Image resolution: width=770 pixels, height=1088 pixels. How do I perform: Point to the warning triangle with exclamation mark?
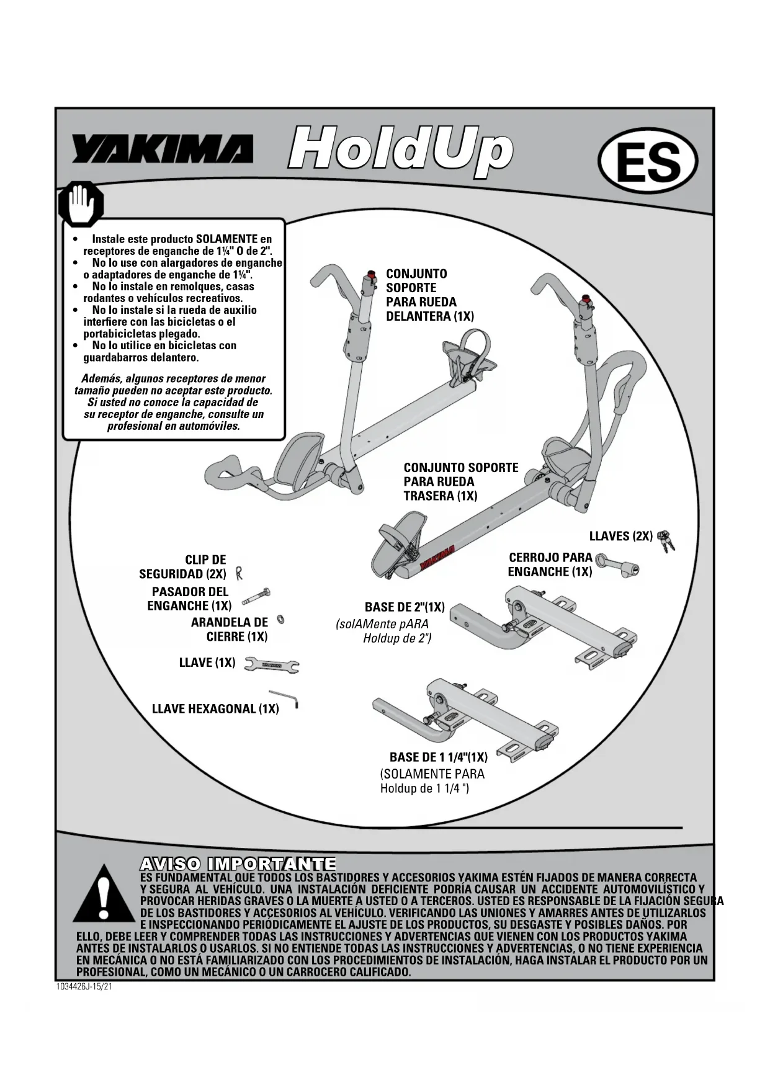click(x=103, y=894)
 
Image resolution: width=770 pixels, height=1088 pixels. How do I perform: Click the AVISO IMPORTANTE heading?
click(x=238, y=863)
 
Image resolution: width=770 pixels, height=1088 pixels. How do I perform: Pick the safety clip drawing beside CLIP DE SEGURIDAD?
click(x=239, y=573)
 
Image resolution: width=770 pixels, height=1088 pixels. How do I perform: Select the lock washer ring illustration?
click(x=280, y=619)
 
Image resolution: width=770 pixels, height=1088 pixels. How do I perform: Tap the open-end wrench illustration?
click(x=272, y=664)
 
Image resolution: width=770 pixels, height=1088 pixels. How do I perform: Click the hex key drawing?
click(x=286, y=698)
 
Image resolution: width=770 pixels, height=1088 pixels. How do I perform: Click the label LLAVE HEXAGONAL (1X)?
click(x=215, y=708)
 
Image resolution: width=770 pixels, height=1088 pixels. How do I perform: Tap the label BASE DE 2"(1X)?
click(x=405, y=607)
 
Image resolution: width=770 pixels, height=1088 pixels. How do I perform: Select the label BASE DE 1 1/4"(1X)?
click(x=438, y=757)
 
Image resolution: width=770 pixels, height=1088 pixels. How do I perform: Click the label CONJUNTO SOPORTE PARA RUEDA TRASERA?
click(x=460, y=481)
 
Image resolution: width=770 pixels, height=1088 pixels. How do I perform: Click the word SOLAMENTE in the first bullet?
click(x=226, y=239)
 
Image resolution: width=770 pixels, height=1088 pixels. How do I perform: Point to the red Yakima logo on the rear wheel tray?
click(x=438, y=556)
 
